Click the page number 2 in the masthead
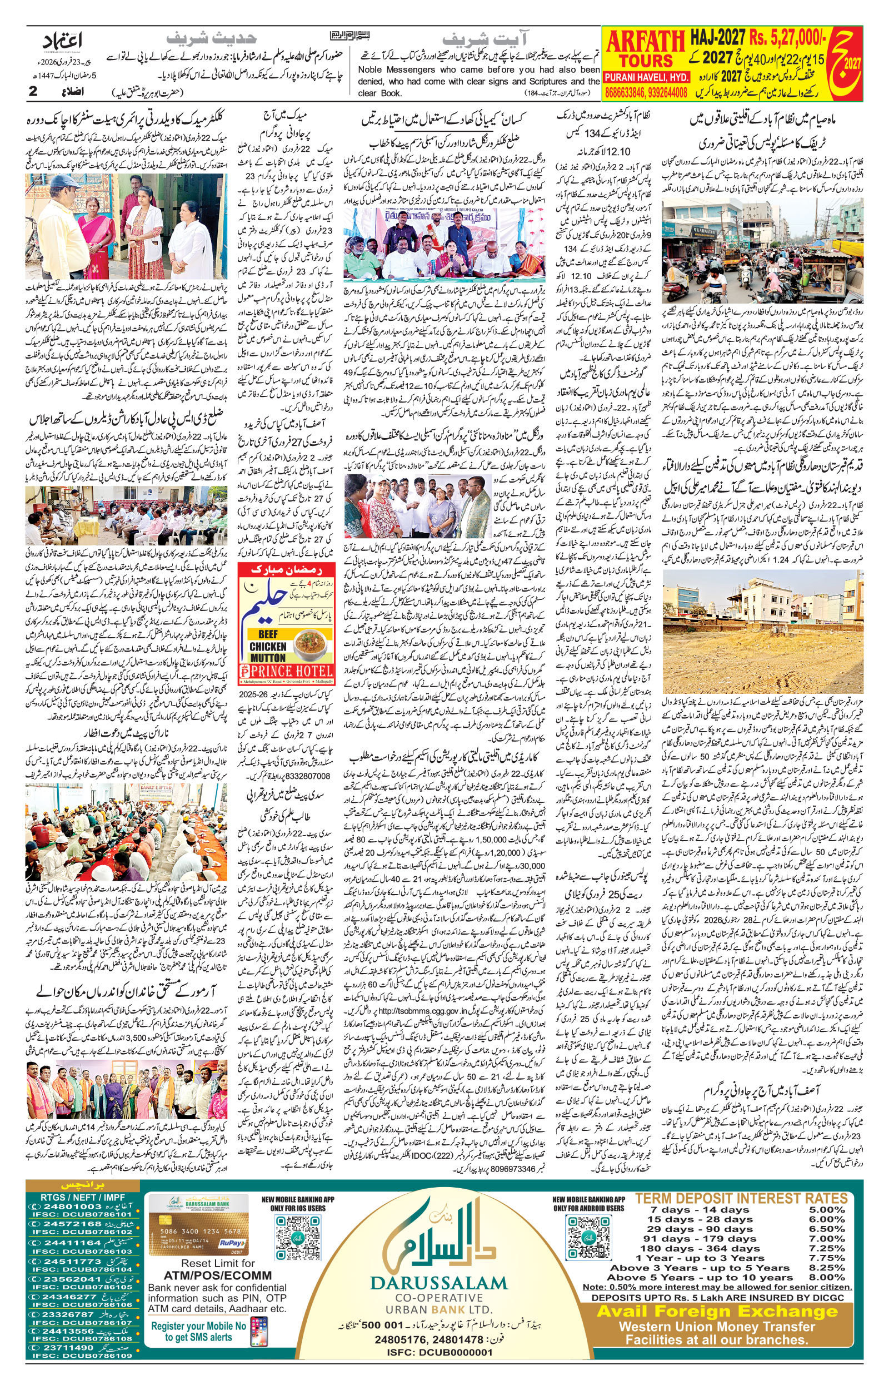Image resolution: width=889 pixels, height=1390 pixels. [33, 91]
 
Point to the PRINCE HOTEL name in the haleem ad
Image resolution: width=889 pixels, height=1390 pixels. [291, 671]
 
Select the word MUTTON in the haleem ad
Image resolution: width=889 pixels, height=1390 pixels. [268, 657]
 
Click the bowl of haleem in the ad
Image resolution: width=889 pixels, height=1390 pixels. [312, 641]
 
